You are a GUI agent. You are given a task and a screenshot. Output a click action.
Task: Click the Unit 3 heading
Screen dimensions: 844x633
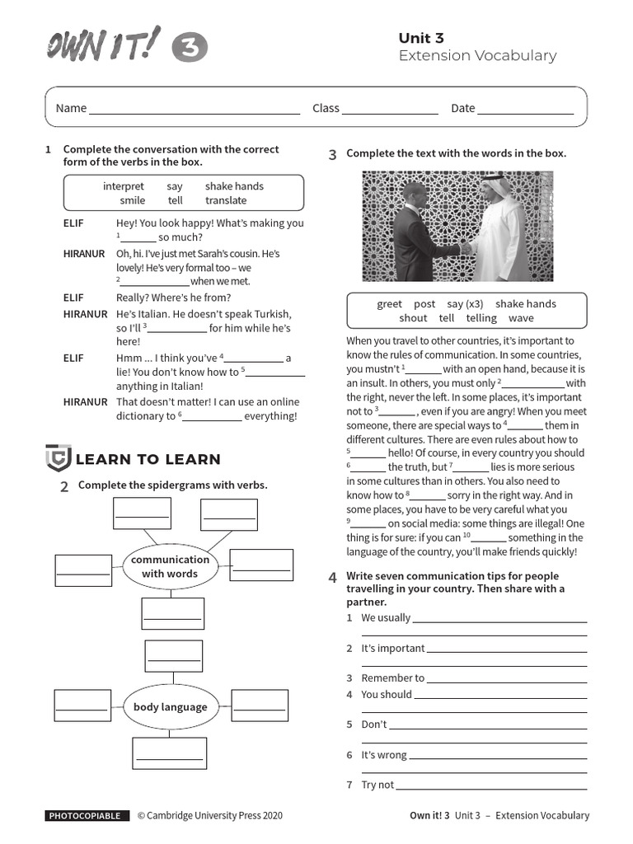(x=421, y=38)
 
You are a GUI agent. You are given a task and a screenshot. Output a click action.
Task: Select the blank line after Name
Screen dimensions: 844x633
(x=195, y=109)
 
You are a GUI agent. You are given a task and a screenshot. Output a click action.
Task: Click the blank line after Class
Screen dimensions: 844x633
(x=390, y=109)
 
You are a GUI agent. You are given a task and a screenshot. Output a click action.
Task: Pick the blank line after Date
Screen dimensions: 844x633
(x=525, y=109)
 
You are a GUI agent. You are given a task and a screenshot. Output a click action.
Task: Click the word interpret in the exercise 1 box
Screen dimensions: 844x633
(x=124, y=186)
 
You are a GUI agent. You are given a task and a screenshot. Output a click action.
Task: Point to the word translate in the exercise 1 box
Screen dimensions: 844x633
(x=226, y=200)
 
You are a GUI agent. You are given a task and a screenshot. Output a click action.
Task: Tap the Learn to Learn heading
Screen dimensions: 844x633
(x=148, y=459)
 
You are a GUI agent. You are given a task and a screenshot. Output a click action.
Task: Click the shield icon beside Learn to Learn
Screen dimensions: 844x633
(x=58, y=457)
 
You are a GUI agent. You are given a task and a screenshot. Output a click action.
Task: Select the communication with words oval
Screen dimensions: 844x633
(x=170, y=566)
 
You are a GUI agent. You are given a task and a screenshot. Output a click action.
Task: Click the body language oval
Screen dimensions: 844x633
(x=171, y=706)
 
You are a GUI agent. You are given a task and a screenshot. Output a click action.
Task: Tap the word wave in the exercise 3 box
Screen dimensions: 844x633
(x=521, y=318)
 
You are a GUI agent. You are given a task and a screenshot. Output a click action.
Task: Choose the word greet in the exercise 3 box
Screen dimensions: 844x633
(x=389, y=303)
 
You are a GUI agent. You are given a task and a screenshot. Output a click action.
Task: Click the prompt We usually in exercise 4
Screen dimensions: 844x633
(x=385, y=617)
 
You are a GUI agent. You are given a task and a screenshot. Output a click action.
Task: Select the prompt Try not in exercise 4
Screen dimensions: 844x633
(x=377, y=785)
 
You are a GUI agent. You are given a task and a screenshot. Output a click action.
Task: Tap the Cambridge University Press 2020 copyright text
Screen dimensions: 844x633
(x=209, y=816)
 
